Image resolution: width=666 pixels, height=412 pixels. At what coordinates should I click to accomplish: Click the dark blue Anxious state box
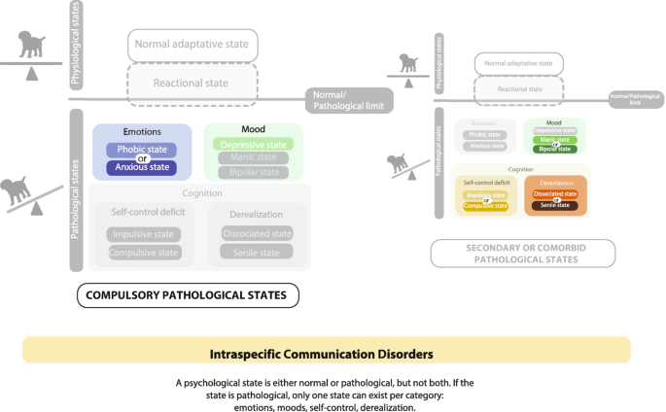tap(143, 167)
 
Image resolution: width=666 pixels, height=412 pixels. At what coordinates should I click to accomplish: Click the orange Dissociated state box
tap(555, 193)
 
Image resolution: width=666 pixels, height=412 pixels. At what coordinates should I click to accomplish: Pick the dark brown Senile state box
tap(555, 205)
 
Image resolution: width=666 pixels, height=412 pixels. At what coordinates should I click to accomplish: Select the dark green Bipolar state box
tap(554, 149)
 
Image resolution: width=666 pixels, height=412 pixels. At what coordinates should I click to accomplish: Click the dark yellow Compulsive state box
tap(485, 205)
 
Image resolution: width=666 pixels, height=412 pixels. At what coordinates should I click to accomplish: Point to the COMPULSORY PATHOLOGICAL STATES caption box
tap(187, 294)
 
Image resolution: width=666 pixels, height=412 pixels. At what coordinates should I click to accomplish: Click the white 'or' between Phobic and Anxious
tap(143, 159)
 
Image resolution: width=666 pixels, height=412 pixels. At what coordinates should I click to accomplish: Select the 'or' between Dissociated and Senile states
tap(555, 199)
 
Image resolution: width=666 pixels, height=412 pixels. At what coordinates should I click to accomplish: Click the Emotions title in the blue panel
tap(143, 131)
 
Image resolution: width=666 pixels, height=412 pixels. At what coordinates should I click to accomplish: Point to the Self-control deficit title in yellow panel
tap(485, 182)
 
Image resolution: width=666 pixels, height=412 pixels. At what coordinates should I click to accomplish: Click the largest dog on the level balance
tap(33, 48)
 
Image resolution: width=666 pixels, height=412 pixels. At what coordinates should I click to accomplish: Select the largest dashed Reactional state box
tap(193, 83)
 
